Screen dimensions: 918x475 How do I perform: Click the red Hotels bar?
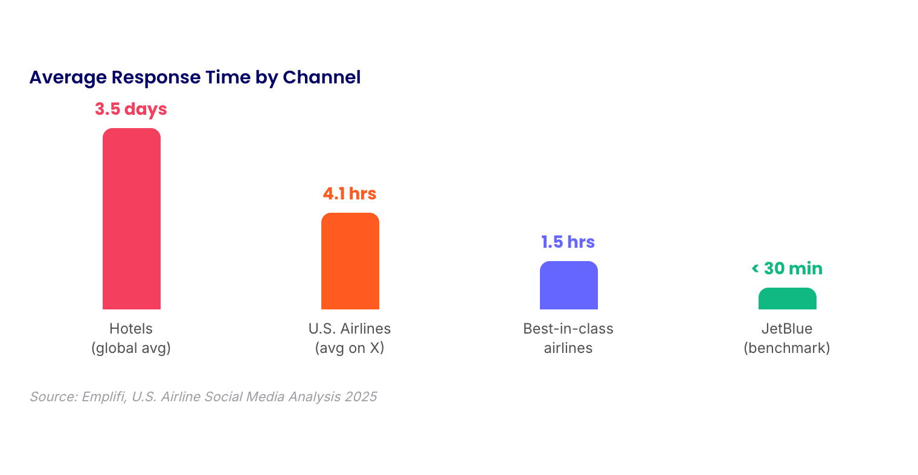tap(132, 219)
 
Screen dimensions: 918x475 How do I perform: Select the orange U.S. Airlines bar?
tap(350, 261)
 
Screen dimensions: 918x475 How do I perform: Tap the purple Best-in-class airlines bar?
tap(569, 285)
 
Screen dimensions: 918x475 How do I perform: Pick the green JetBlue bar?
tap(788, 299)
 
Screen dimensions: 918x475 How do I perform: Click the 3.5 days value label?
tap(131, 109)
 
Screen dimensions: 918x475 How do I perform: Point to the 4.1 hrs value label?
tap(350, 193)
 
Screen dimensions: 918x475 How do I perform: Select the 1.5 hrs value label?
tap(568, 242)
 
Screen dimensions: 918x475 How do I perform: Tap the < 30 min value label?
tap(787, 269)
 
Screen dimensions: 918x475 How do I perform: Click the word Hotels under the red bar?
tap(130, 329)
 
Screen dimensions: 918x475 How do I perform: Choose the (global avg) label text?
tap(130, 348)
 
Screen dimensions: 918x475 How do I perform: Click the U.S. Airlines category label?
tap(350, 329)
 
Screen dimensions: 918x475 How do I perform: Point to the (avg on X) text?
tap(350, 348)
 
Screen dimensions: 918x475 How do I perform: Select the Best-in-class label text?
tap(568, 329)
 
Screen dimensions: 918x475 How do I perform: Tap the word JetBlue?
tap(787, 329)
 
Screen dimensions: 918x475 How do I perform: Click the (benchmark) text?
tap(787, 348)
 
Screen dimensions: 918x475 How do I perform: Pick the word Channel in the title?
tap(322, 77)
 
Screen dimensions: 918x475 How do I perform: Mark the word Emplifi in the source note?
tap(104, 396)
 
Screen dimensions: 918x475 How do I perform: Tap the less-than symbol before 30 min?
tap(755, 269)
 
